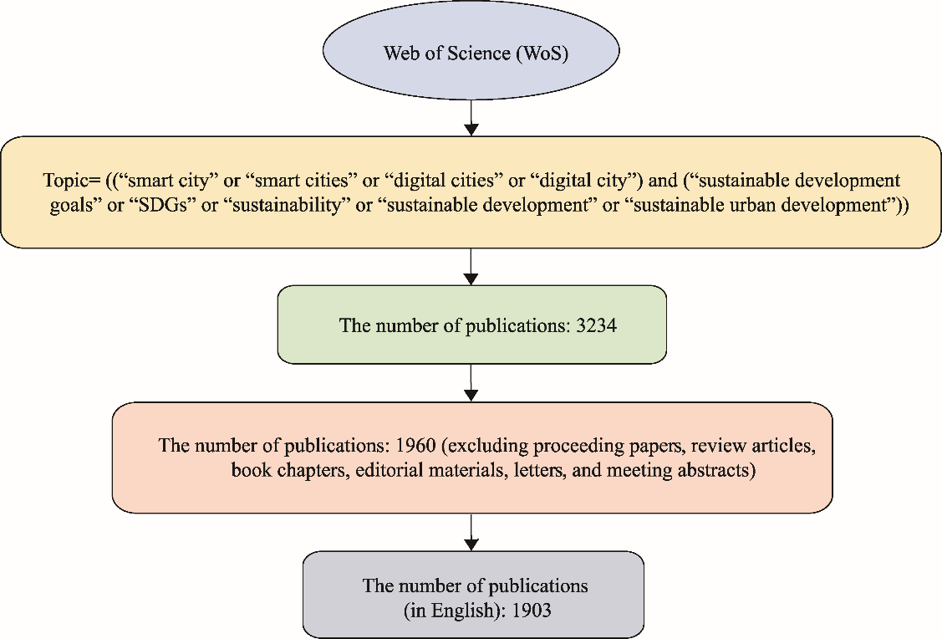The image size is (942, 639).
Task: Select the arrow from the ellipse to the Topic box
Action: pos(471,117)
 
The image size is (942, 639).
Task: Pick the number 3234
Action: pos(596,325)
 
